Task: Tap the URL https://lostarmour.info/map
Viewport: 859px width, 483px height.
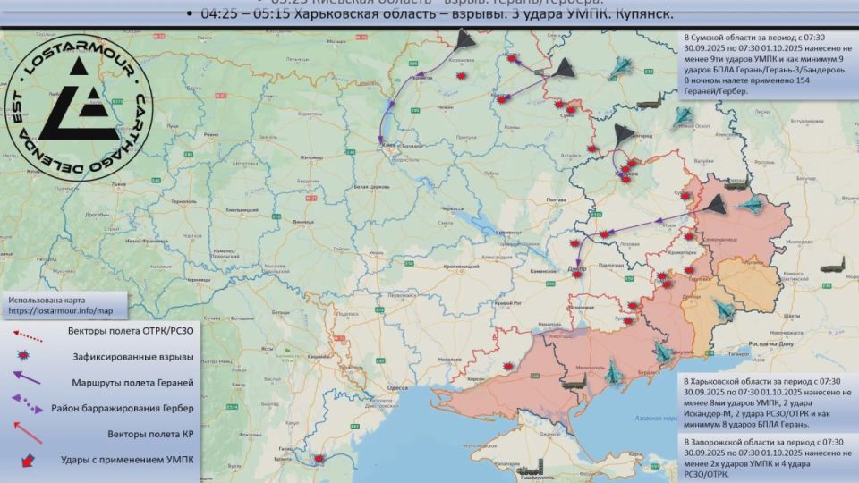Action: tap(61, 311)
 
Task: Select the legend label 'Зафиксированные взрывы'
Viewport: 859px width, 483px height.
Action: tap(132, 356)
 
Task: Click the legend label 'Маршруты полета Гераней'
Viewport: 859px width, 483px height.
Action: tap(132, 382)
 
